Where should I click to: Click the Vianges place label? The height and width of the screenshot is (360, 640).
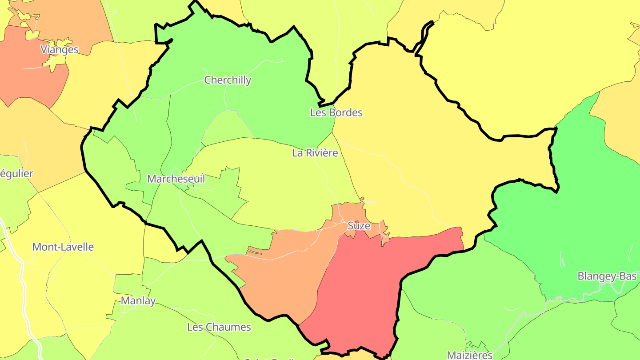[x=59, y=49]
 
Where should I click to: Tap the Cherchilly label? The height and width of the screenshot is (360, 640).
[x=228, y=80]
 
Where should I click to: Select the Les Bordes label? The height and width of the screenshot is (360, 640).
[x=336, y=112]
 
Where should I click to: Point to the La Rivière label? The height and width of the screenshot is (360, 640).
[x=315, y=153]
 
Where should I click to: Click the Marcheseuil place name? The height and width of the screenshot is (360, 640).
[x=176, y=179]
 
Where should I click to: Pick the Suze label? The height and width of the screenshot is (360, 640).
[x=359, y=226]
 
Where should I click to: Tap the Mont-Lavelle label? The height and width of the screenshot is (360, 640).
[x=63, y=247]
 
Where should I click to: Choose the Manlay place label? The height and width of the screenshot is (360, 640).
[x=138, y=301]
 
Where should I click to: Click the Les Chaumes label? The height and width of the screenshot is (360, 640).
[x=219, y=327]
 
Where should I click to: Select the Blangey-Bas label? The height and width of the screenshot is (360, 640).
[x=607, y=276]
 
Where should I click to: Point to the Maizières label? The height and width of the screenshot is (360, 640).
[x=469, y=355]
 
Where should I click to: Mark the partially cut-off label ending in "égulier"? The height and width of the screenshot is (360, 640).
[x=16, y=173]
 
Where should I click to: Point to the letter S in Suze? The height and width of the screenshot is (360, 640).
[x=350, y=226]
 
